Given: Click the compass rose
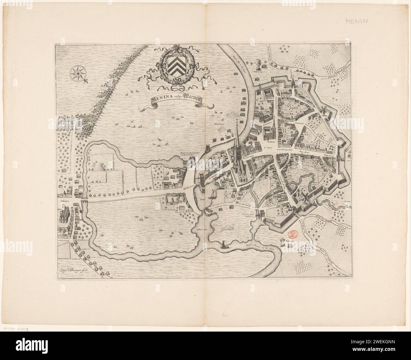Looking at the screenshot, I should click(77, 73).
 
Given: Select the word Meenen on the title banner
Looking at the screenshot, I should click(193, 98).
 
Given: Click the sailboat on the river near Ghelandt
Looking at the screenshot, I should click(224, 245).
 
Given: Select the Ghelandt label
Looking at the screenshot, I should click(225, 229).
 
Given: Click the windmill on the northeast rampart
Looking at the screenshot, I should click(323, 111).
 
